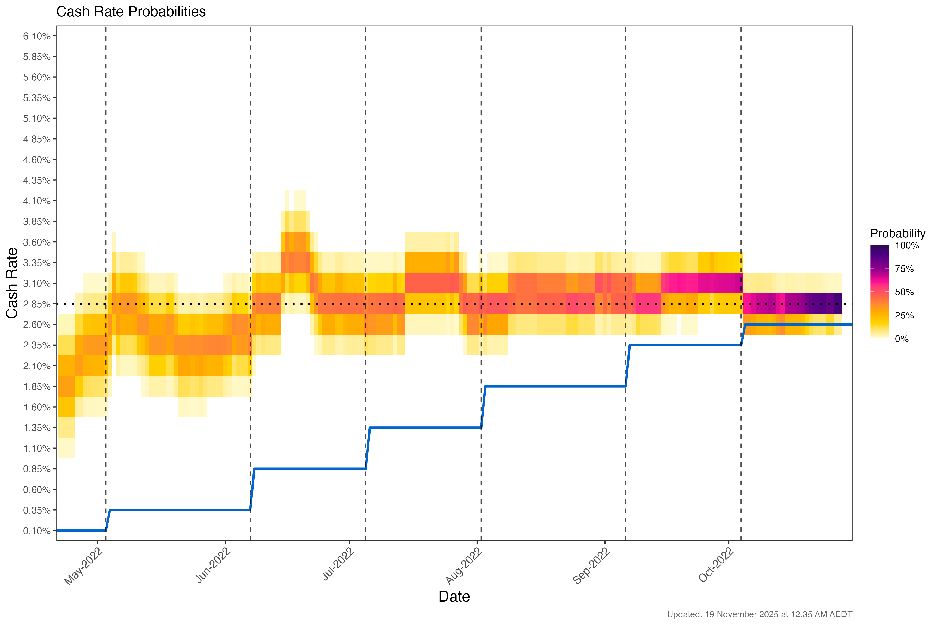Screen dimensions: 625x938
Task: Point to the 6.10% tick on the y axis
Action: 37,36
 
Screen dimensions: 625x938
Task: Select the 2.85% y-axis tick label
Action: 37,304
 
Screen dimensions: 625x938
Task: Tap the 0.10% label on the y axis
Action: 37,531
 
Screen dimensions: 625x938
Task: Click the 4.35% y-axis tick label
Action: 37,180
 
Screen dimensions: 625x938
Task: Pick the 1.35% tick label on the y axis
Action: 37,428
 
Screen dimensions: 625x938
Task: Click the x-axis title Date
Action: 454,597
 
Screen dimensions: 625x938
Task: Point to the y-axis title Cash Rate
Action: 12,283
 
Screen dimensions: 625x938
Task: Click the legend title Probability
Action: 898,234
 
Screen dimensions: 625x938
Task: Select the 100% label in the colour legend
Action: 907,246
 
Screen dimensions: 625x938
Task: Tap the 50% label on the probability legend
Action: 904,292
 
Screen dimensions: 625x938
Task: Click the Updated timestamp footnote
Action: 759,615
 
